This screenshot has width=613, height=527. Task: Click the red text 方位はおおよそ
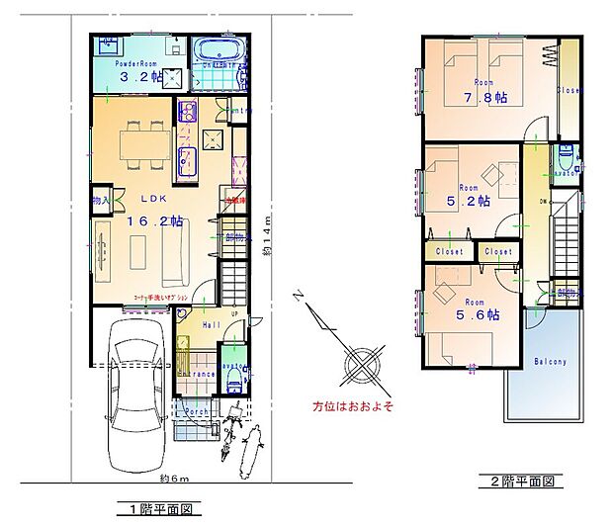(353, 406)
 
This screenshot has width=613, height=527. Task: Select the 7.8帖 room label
(487, 98)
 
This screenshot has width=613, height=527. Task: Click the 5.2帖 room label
(470, 201)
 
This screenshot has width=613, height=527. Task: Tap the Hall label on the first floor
(210, 324)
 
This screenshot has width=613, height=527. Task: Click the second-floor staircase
(567, 237)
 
